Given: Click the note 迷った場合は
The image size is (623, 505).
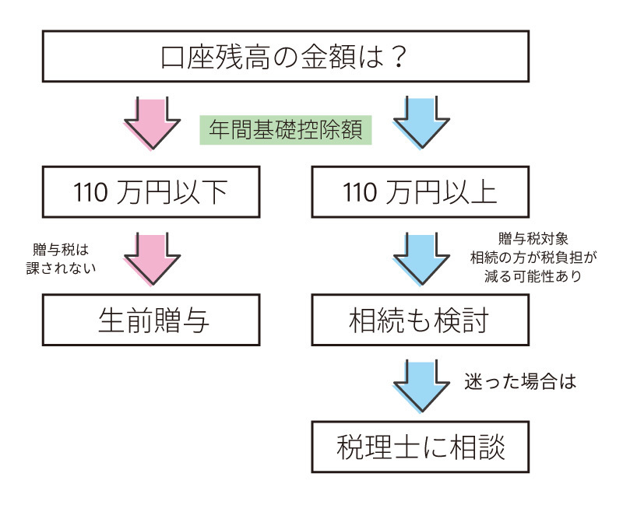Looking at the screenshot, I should point(519,383).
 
